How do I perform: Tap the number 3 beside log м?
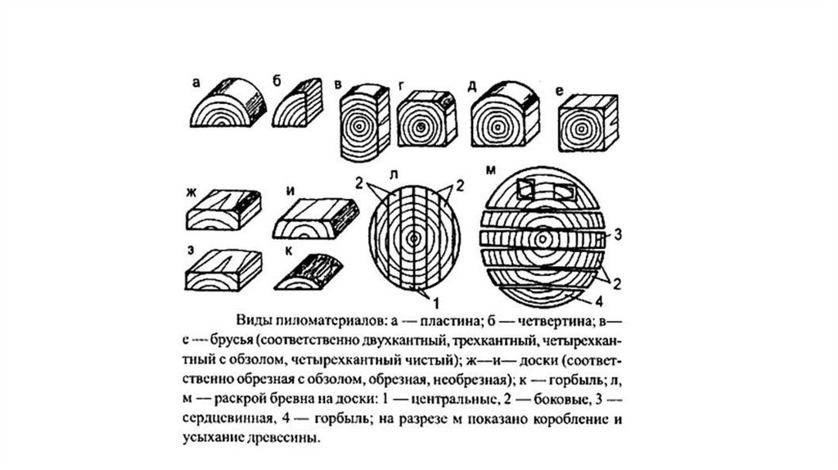click(x=619, y=235)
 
